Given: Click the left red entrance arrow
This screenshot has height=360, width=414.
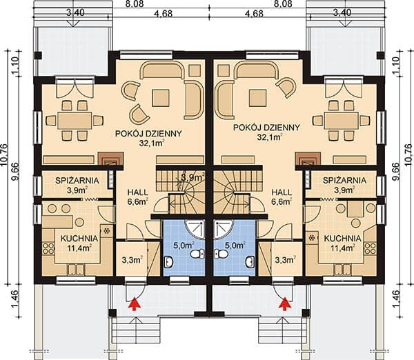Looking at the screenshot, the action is tap(134, 303).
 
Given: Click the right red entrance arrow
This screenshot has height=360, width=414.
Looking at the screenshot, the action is tap(285, 303).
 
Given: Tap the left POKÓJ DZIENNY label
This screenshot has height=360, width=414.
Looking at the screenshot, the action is tap(148, 134).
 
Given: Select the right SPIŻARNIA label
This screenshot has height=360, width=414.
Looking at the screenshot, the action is tap(344, 181).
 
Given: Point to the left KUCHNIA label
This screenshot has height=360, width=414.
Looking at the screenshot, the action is tap(79, 239).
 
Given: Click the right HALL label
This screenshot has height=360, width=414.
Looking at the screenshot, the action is tap(282, 192).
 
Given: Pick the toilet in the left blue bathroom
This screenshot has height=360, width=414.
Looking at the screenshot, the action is tap(196, 254).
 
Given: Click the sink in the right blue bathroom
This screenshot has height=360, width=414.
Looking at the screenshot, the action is tap(250, 262).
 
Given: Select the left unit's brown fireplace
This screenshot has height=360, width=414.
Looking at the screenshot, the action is tap(111, 159).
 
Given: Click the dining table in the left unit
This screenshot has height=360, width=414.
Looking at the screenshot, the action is tap(75, 120).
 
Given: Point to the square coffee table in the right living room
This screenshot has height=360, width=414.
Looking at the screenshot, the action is tap(258, 98).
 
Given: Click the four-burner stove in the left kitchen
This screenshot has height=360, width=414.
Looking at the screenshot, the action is tap(48, 249).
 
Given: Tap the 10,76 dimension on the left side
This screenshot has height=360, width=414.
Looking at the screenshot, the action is tap(5, 155).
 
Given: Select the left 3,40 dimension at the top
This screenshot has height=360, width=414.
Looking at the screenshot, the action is tap(75, 12).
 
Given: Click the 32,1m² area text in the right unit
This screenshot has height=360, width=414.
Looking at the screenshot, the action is tap(268, 137).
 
